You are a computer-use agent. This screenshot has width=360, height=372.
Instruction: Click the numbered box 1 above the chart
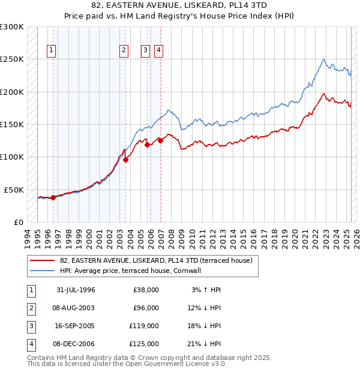click(x=52, y=51)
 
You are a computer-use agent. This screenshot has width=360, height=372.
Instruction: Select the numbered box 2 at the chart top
click(x=124, y=51)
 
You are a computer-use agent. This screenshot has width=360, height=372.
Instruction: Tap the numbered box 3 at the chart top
click(x=145, y=51)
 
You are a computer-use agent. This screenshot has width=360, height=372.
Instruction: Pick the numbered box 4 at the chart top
click(x=158, y=51)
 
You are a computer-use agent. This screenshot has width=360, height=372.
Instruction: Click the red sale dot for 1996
click(x=53, y=197)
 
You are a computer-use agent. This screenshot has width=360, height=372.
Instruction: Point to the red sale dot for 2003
click(x=125, y=160)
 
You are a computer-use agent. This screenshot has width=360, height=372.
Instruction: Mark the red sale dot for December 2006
click(x=160, y=140)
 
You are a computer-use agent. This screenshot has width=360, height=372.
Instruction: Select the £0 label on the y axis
click(x=19, y=222)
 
